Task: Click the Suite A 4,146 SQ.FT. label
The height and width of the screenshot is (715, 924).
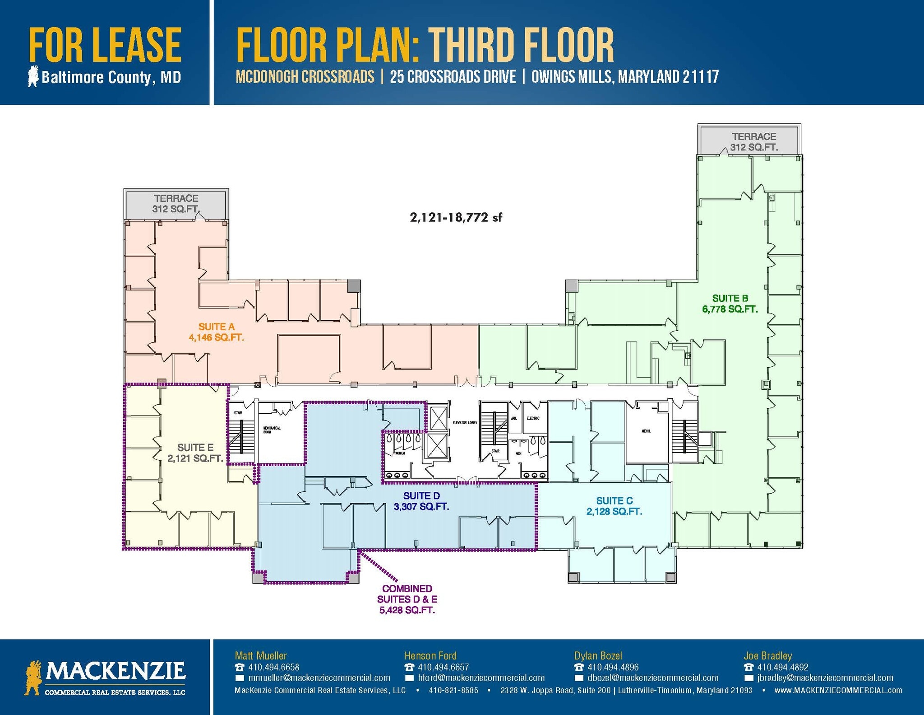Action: point(216,332)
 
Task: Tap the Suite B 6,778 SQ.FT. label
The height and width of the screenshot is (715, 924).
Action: point(730,304)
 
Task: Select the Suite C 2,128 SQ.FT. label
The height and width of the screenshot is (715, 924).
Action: point(614,506)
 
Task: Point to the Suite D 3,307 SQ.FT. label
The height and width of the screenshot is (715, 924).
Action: point(421,501)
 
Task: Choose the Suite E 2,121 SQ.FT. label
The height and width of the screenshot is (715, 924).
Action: point(195,453)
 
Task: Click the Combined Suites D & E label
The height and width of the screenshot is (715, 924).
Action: point(407,599)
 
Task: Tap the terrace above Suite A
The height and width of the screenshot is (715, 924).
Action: point(176,204)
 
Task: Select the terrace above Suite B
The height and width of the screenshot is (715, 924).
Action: point(754,141)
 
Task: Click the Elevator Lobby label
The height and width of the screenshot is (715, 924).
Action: point(465,422)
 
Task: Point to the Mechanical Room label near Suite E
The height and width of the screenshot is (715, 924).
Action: point(272,430)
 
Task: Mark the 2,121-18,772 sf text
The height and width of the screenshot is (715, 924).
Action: point(456,218)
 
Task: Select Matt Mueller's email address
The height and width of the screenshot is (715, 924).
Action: point(319,678)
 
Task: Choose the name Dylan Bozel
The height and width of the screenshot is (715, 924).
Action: point(598,655)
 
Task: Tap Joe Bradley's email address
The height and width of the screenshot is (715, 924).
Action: point(825,678)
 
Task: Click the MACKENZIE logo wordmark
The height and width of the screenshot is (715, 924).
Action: point(115,671)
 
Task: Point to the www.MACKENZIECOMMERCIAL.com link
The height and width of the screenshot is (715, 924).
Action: point(838,690)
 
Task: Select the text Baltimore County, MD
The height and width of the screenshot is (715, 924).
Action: point(111,77)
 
